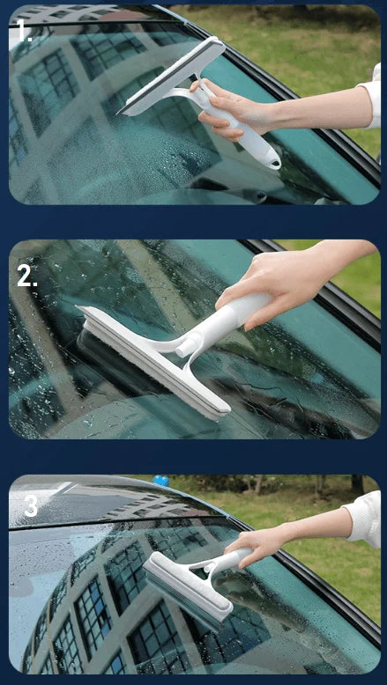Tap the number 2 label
[26, 276]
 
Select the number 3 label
[31, 506]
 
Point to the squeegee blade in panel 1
[171, 76]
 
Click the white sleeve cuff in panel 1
[373, 95]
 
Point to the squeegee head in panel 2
[153, 363]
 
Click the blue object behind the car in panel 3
[161, 481]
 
